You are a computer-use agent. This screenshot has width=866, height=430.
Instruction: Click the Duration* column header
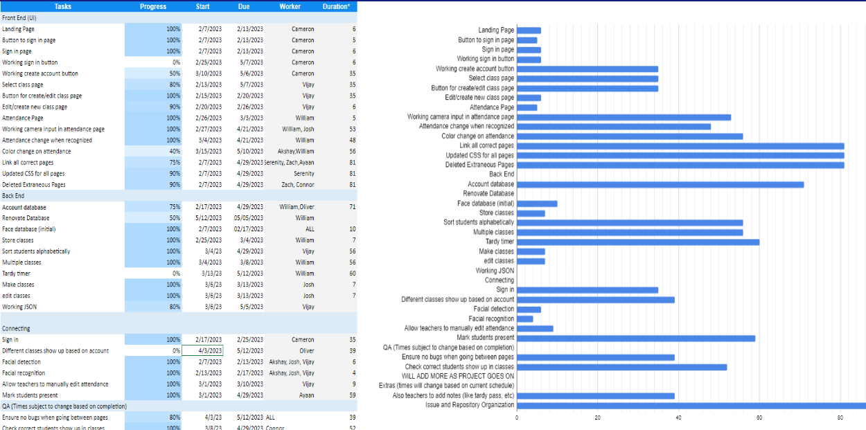[336, 7]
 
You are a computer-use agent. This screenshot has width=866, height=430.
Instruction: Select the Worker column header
[290, 7]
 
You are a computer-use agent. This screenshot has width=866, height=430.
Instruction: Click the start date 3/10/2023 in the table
[210, 73]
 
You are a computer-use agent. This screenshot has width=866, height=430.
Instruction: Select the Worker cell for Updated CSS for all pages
[303, 173]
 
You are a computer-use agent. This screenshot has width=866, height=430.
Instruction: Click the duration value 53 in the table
[353, 129]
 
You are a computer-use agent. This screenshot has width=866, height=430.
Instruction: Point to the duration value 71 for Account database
[353, 206]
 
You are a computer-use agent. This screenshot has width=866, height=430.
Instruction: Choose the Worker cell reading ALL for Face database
[310, 229]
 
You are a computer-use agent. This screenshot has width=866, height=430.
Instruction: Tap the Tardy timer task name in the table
[16, 273]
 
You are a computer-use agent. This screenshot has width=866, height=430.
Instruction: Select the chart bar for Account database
[660, 184]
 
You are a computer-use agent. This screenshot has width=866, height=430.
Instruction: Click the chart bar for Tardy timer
[637, 242]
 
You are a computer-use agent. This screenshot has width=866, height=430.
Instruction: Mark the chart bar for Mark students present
[635, 338]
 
